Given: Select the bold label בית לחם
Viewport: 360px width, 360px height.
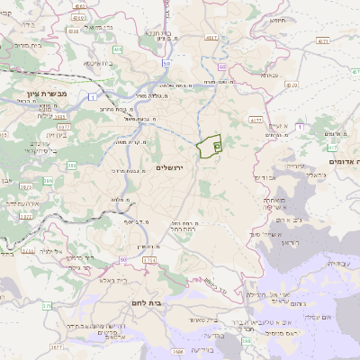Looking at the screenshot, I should [x=145, y=303].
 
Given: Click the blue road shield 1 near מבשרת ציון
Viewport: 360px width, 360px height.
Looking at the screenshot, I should [x=93, y=96].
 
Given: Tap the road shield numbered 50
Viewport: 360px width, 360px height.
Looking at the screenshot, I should [x=166, y=65].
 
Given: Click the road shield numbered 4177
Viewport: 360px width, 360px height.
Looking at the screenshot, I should [x=255, y=119].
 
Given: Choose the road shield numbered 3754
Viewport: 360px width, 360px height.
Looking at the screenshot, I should [x=149, y=260].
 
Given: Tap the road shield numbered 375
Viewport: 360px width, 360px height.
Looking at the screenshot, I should [x=46, y=306].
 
